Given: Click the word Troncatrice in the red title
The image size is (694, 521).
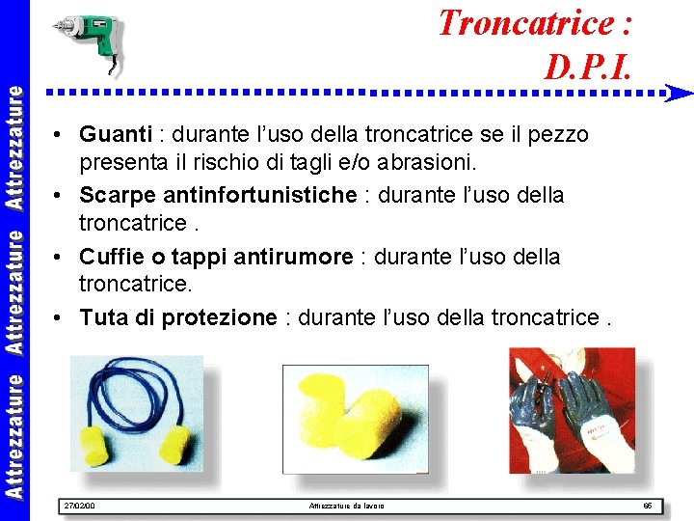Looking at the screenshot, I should click(523, 21).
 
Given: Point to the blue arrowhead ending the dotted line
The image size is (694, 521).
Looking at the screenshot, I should click(680, 94).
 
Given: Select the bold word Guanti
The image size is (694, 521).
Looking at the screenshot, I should click(116, 134).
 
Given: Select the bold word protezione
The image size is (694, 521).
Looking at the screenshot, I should click(218, 318).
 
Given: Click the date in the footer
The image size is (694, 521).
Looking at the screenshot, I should click(79, 506).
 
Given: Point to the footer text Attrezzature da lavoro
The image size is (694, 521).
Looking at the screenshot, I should click(345, 506).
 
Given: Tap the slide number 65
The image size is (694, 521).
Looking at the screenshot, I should click(648, 506).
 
